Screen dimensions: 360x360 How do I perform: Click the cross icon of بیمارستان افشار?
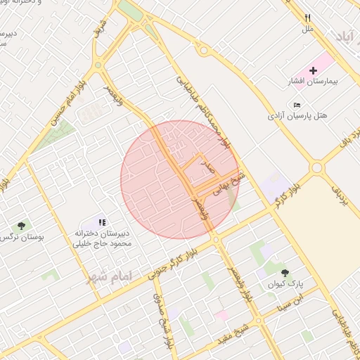[x=313, y=71]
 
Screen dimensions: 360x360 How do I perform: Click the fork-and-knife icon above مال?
[x=307, y=18]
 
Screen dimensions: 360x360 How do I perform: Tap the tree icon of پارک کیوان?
[x=285, y=273]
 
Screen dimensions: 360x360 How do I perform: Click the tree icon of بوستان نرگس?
[x=21, y=226]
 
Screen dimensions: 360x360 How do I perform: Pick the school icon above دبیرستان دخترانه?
[x=103, y=222]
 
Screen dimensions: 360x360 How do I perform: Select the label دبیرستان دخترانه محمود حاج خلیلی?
[x=103, y=238]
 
